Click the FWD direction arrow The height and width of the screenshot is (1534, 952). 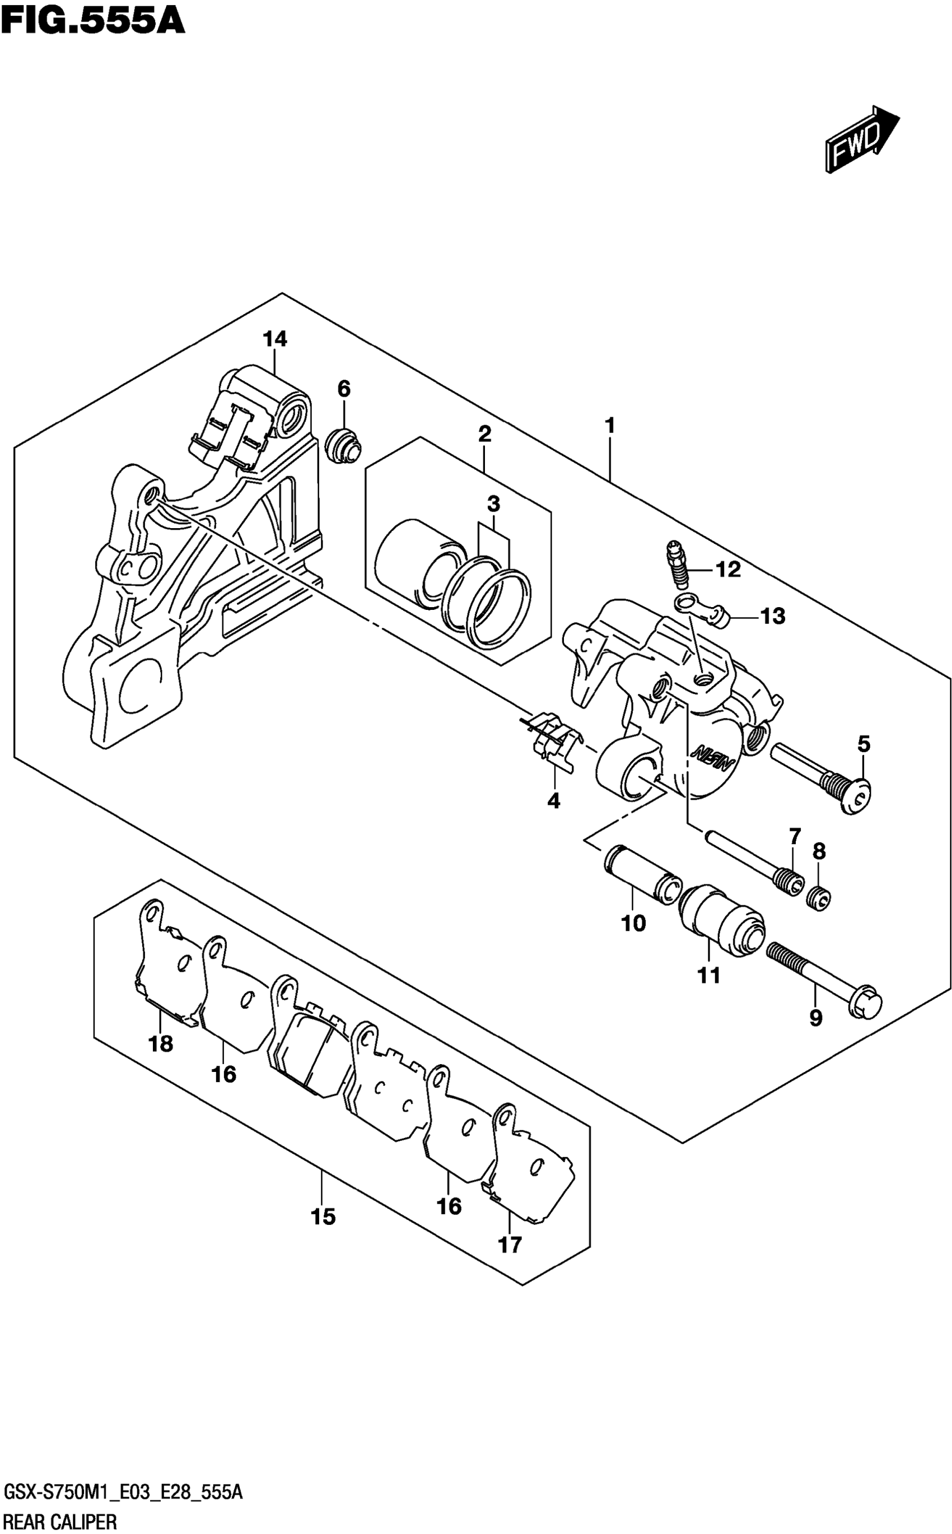click(x=861, y=138)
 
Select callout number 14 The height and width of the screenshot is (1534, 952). click(x=275, y=339)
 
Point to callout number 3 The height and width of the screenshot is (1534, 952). click(x=493, y=504)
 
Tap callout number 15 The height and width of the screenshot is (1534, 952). click(x=323, y=1217)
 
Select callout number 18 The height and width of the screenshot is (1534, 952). click(x=161, y=1043)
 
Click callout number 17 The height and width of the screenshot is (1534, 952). click(x=510, y=1244)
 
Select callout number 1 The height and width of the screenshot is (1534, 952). click(x=609, y=426)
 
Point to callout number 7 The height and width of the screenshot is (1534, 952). click(x=795, y=837)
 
